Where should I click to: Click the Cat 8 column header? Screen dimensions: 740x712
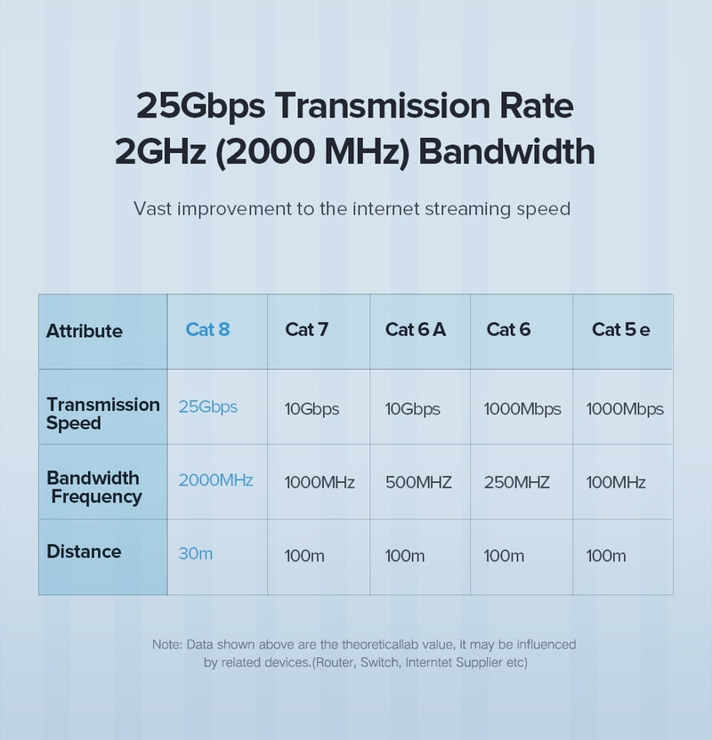point(207,330)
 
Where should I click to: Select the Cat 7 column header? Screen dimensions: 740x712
point(306,330)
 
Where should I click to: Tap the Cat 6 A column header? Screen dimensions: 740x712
point(415,330)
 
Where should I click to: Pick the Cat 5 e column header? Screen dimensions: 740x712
point(620,330)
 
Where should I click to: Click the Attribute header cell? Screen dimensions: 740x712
point(85,332)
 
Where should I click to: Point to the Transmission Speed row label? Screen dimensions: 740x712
point(102,414)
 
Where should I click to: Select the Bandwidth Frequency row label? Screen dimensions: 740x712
point(93,487)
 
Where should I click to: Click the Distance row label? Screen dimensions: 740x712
point(84,551)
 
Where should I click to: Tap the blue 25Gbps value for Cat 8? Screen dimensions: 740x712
point(207,406)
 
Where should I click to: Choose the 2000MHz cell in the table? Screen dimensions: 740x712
point(215,480)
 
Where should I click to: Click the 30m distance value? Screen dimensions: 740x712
point(195,553)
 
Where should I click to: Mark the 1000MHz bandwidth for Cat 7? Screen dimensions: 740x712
point(319,483)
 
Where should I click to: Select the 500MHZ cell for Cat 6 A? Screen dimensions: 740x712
point(418,483)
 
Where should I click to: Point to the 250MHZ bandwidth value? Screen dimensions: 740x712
point(516,483)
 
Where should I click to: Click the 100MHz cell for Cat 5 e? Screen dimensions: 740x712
point(616,483)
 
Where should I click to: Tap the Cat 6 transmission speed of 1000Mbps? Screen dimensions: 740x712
point(522,409)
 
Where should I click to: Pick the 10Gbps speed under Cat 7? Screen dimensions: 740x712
point(311,409)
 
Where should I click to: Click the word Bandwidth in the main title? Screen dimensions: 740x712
point(506,151)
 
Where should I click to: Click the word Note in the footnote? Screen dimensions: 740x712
point(166,644)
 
